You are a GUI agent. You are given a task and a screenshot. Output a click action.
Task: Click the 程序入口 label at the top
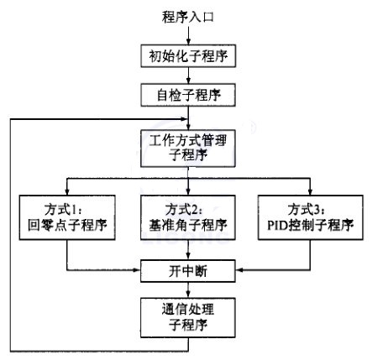pyautogui.click(x=188, y=17)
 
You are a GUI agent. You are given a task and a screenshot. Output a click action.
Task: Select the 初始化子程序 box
pyautogui.click(x=188, y=55)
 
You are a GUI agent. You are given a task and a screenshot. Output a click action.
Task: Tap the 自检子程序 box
pyautogui.click(x=188, y=95)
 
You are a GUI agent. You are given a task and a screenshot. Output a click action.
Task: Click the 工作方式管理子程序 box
pyautogui.click(x=188, y=149)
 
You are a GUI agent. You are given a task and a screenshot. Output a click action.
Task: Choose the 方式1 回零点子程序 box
pyautogui.click(x=67, y=217)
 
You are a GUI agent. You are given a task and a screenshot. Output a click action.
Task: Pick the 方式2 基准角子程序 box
pyautogui.click(x=188, y=217)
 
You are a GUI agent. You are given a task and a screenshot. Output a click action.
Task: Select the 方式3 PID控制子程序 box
pyautogui.click(x=311, y=217)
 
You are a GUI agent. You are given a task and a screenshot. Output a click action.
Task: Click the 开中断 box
pyautogui.click(x=188, y=271)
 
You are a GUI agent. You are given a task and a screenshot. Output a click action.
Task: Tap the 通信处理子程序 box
pyautogui.click(x=188, y=317)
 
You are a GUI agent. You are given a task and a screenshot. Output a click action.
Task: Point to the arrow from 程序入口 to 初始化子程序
pyautogui.click(x=188, y=34)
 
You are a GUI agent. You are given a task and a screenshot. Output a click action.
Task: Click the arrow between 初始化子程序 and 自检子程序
pyautogui.click(x=188, y=76)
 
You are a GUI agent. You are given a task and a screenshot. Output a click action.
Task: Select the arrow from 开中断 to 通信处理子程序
pyautogui.click(x=188, y=290)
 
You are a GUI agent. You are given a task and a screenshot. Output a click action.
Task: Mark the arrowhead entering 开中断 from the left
pyautogui.click(x=137, y=270)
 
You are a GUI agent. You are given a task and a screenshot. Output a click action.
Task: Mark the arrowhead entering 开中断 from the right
pyautogui.click(x=239, y=270)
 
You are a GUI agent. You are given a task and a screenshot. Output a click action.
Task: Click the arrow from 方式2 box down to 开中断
pyautogui.click(x=188, y=250)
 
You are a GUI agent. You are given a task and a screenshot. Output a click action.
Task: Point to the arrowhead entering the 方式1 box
pyautogui.click(x=67, y=192)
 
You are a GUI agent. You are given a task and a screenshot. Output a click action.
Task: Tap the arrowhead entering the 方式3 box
pyautogui.click(x=310, y=192)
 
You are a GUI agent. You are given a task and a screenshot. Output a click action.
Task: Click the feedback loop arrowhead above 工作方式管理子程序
pyautogui.click(x=184, y=119)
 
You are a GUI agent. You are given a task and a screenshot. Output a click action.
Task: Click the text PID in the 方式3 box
pyautogui.click(x=277, y=225)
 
